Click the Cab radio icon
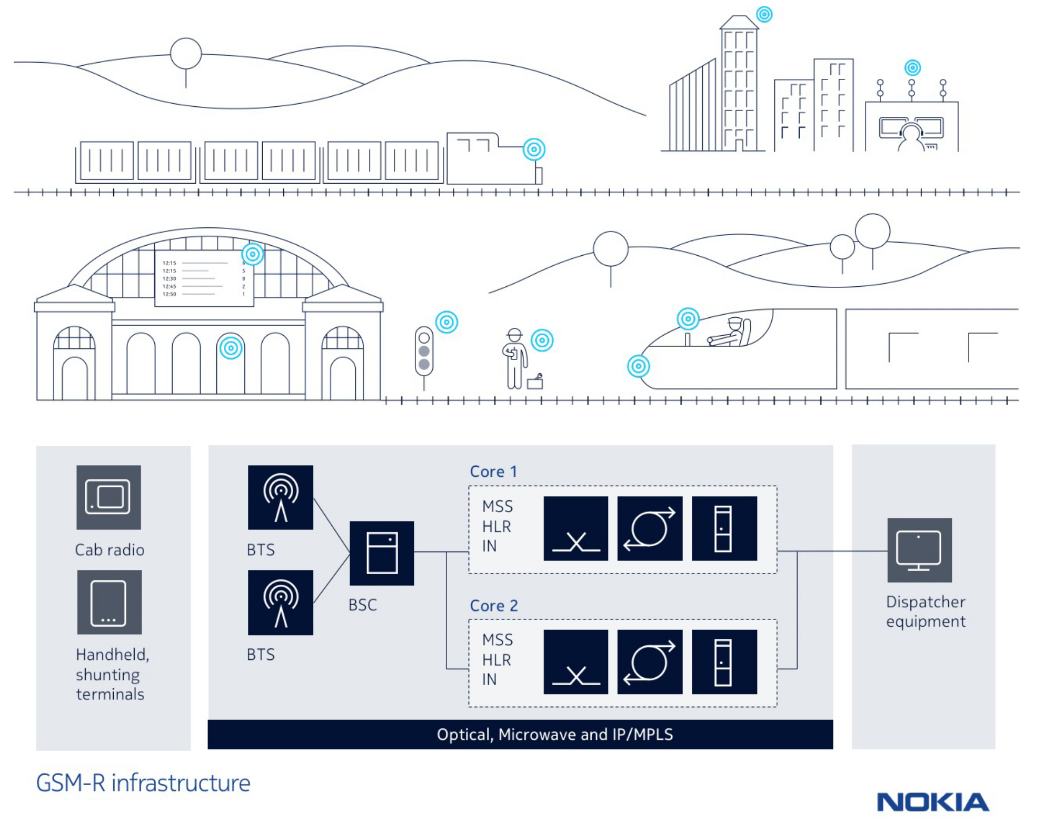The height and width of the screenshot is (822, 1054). click(x=108, y=497)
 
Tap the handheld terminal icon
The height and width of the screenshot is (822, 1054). click(x=109, y=602)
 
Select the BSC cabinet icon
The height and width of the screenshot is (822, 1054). click(x=382, y=553)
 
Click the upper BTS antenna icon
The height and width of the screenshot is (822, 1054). click(x=281, y=497)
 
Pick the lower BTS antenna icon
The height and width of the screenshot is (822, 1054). click(x=281, y=602)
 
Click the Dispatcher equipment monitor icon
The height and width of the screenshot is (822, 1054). click(x=919, y=550)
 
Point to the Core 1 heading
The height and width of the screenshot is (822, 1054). click(x=493, y=472)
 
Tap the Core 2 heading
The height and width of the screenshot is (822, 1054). click(x=494, y=606)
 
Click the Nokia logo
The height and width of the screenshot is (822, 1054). click(x=932, y=802)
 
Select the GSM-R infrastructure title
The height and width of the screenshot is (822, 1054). click(x=143, y=783)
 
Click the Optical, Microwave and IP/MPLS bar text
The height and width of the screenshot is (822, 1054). click(x=554, y=734)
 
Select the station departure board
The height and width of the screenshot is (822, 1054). click(x=204, y=278)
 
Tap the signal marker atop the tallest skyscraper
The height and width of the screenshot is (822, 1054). click(x=764, y=14)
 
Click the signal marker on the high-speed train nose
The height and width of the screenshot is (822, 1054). click(x=638, y=366)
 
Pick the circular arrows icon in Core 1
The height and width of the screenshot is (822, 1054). click(x=650, y=528)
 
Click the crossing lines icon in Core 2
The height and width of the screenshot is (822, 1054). click(x=575, y=662)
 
